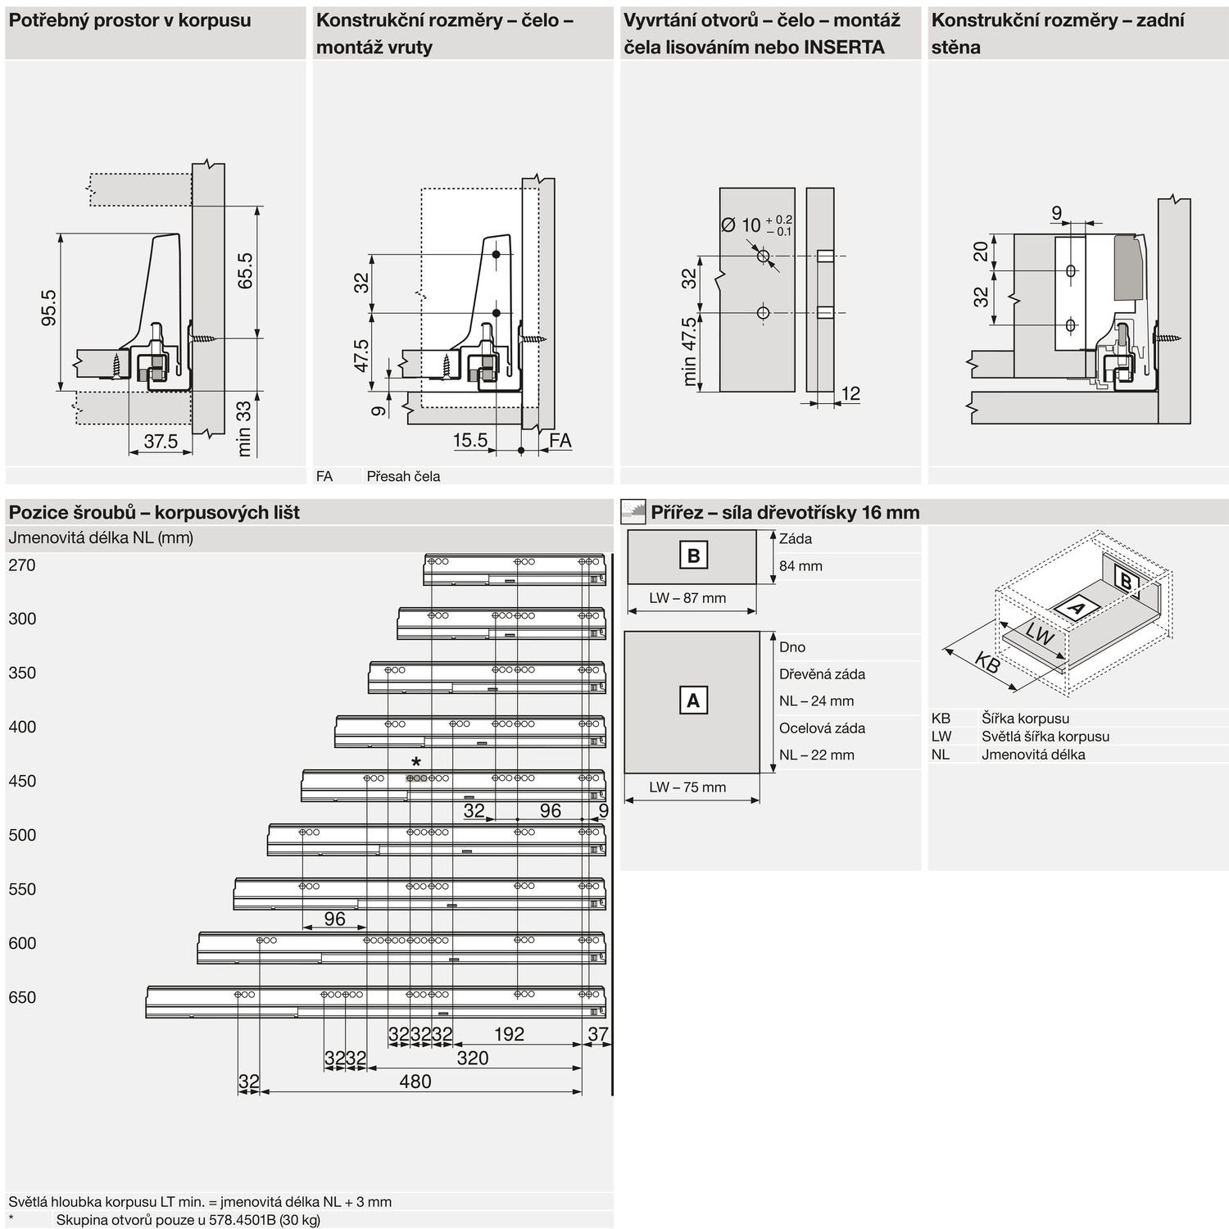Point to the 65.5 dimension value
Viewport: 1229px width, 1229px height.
click(245, 271)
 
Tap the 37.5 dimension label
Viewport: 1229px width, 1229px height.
click(161, 442)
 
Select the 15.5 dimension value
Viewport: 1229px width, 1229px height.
click(470, 440)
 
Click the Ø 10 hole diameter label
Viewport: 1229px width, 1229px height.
click(741, 224)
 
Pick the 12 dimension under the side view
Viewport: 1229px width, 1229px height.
click(850, 393)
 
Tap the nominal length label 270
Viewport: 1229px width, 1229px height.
click(22, 565)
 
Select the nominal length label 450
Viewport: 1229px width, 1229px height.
click(22, 782)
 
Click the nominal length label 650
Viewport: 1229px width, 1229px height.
click(22, 998)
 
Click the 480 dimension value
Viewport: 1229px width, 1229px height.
click(415, 1082)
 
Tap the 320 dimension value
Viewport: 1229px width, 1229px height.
click(473, 1058)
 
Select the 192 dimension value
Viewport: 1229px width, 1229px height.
click(509, 1034)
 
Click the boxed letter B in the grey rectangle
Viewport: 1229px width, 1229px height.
click(693, 556)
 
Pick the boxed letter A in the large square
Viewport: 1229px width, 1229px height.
click(693, 701)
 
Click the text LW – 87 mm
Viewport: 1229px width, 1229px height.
click(687, 598)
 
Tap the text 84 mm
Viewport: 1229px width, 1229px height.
click(800, 566)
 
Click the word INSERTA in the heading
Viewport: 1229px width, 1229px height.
click(844, 47)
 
